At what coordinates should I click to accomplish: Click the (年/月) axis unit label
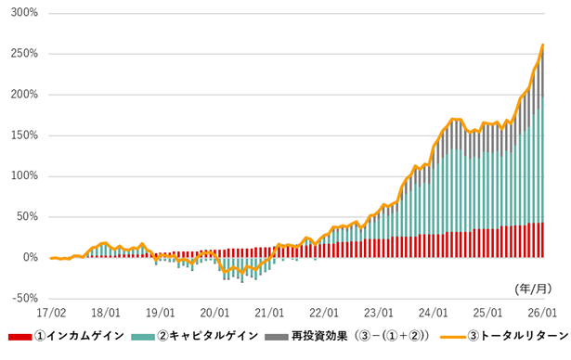tap(533, 289)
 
